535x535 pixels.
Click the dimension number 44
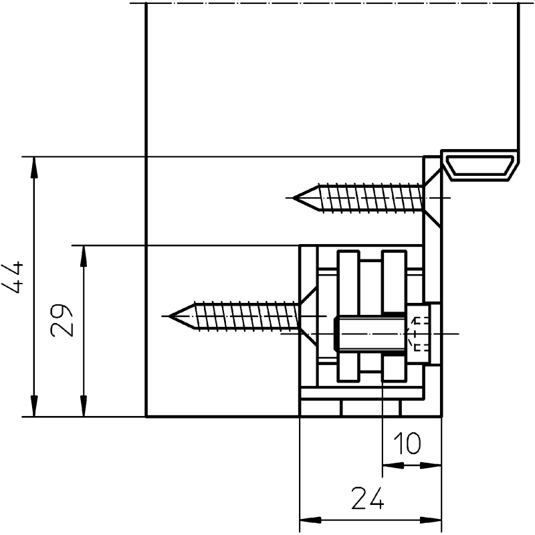tap(13, 278)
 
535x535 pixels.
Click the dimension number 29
tap(62, 320)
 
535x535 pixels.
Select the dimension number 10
tap(407, 443)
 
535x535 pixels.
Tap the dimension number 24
tap(367, 498)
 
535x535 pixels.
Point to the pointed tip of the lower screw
tap(171, 316)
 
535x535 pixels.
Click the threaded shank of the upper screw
tap(370, 197)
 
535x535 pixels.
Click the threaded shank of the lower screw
tap(246, 316)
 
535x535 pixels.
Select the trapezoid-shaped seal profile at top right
tap(480, 167)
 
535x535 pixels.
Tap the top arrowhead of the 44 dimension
tap(34, 167)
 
